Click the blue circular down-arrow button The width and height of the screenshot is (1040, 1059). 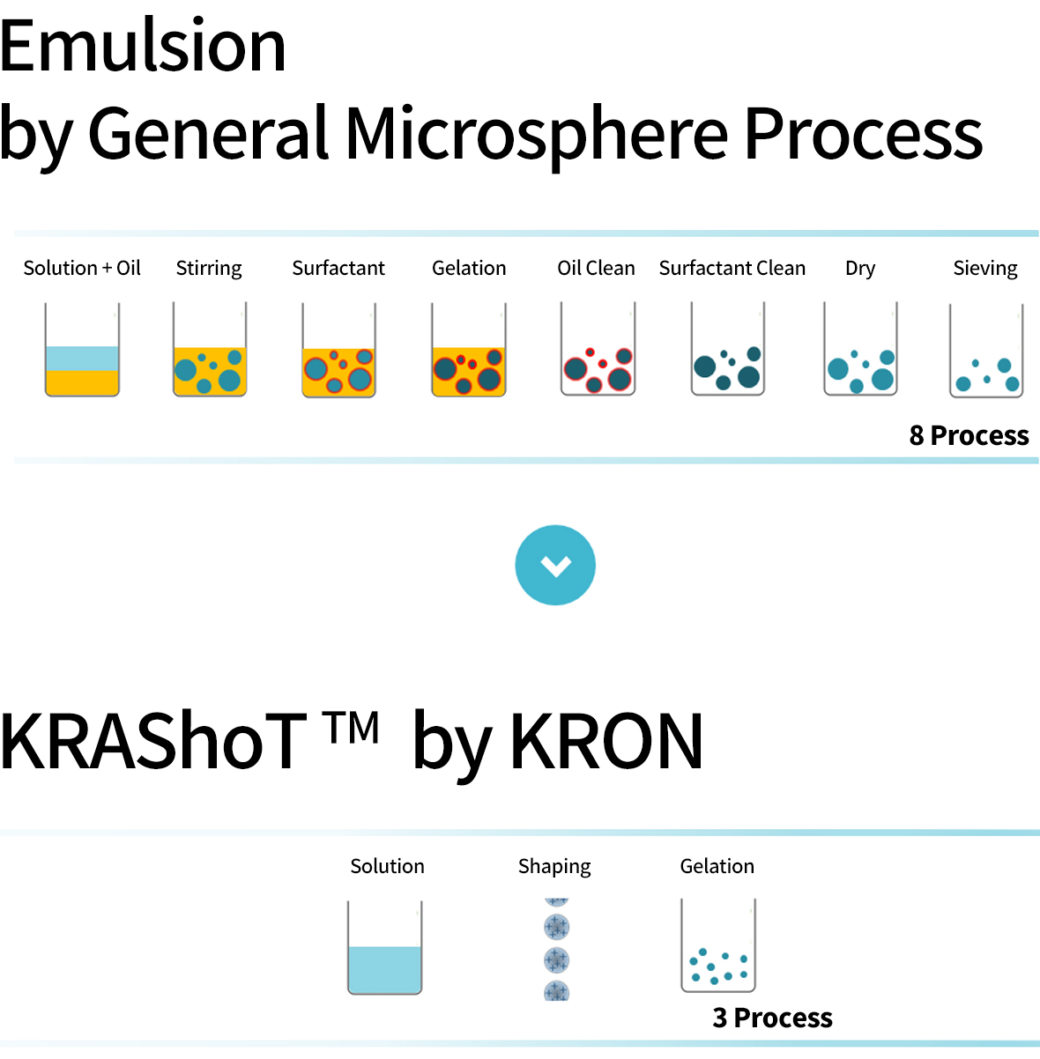click(x=555, y=565)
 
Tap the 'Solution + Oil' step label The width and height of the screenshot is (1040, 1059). click(x=82, y=268)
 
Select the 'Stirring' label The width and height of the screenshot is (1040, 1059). click(x=209, y=269)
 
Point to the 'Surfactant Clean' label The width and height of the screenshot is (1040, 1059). click(x=732, y=268)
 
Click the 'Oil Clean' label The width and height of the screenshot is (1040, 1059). click(x=596, y=268)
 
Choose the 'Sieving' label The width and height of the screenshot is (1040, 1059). click(x=985, y=269)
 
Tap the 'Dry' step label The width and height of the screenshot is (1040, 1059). click(x=860, y=269)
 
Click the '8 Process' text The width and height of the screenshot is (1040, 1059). click(x=969, y=435)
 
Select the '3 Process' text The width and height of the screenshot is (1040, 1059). click(x=772, y=1018)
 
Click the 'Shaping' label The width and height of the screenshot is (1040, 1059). click(x=554, y=867)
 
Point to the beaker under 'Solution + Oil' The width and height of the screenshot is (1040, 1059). click(x=82, y=349)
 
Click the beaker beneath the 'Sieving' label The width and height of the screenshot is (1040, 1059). click(x=986, y=350)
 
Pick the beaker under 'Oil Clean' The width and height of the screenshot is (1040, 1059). click(x=598, y=348)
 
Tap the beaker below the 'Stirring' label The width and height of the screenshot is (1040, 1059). click(x=210, y=349)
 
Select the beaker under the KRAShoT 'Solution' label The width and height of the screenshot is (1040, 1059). click(x=384, y=947)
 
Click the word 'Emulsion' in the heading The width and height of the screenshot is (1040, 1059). click(x=143, y=45)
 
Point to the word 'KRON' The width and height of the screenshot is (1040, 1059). click(x=606, y=740)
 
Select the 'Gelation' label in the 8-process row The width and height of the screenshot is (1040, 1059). click(x=469, y=268)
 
